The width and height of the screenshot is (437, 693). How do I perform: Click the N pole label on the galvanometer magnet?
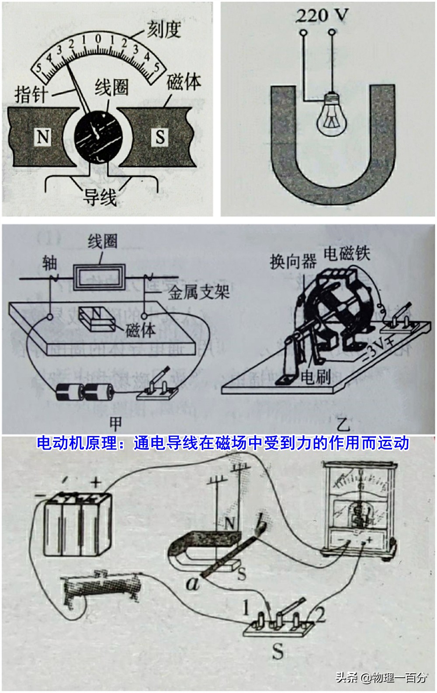click(43, 137)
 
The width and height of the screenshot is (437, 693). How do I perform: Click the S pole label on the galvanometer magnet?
click(160, 137)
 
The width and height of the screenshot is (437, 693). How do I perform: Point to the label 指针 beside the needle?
click(31, 94)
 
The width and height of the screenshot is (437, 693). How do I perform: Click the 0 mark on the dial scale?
click(98, 39)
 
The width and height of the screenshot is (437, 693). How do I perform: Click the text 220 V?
click(322, 16)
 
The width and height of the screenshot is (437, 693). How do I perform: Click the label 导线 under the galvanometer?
click(100, 197)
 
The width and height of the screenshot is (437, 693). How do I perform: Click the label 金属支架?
click(199, 292)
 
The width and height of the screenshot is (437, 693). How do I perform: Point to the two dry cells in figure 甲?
click(85, 392)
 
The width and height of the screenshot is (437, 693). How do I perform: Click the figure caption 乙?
click(343, 424)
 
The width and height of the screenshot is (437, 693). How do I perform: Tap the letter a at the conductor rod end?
click(192, 583)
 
